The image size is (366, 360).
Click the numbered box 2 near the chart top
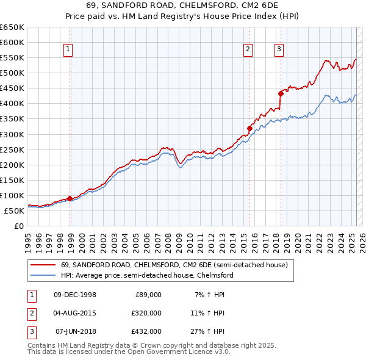(249, 50)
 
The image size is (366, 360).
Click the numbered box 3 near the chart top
(279, 50)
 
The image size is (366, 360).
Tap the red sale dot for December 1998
(70, 198)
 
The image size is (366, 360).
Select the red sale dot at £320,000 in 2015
(249, 128)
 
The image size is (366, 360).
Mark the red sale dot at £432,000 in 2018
(281, 93)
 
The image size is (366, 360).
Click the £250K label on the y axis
(13, 149)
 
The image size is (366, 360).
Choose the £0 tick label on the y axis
(20, 226)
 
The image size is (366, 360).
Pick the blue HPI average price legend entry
(147, 275)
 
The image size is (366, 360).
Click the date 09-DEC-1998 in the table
(75, 295)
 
